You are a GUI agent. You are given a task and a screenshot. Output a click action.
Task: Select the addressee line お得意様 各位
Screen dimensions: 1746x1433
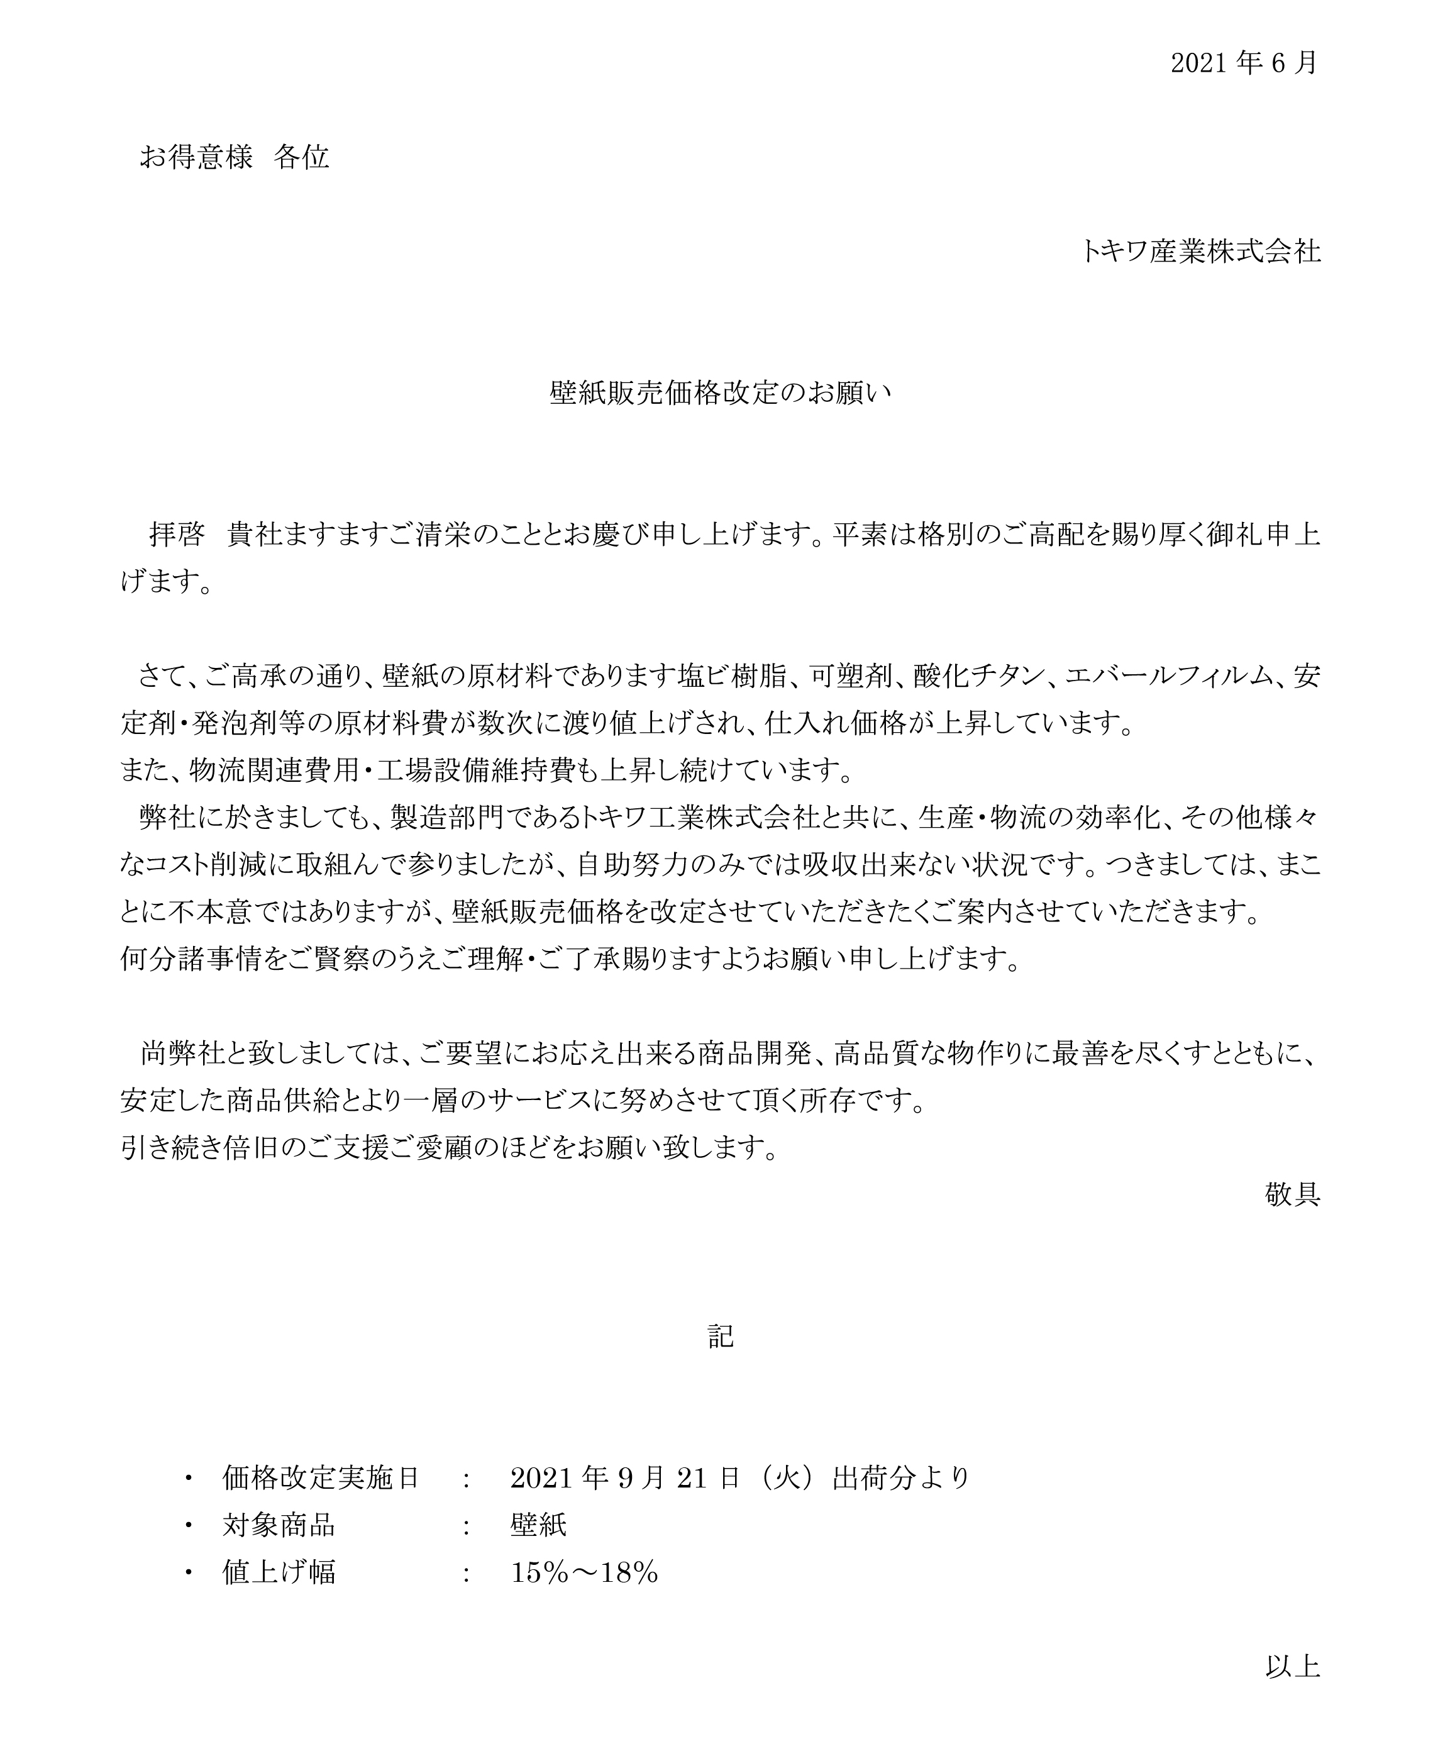pyautogui.click(x=235, y=156)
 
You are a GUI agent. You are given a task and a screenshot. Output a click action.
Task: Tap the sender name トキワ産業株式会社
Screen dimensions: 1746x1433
pyautogui.click(x=1201, y=251)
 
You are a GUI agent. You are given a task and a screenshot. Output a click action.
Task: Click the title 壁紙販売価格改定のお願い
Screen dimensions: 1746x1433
pyautogui.click(x=721, y=393)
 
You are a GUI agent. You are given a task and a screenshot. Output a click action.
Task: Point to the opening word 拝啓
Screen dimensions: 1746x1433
pyautogui.click(x=176, y=535)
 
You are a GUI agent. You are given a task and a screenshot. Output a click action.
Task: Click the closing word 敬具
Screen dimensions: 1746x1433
pyautogui.click(x=1292, y=1194)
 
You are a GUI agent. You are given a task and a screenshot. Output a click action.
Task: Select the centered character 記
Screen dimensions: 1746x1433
pyautogui.click(x=721, y=1337)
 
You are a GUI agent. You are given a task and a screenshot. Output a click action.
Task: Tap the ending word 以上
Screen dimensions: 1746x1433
pyautogui.click(x=1292, y=1667)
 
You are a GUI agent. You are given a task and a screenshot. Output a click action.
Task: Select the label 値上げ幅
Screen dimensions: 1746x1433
pyautogui.click(x=278, y=1572)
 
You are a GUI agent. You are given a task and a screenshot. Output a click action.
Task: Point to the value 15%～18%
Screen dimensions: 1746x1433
pyautogui.click(x=584, y=1572)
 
